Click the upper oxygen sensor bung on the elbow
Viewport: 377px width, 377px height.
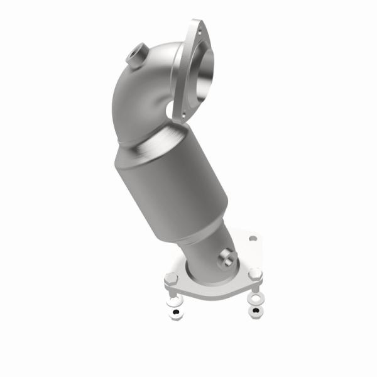coord(136,55)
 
